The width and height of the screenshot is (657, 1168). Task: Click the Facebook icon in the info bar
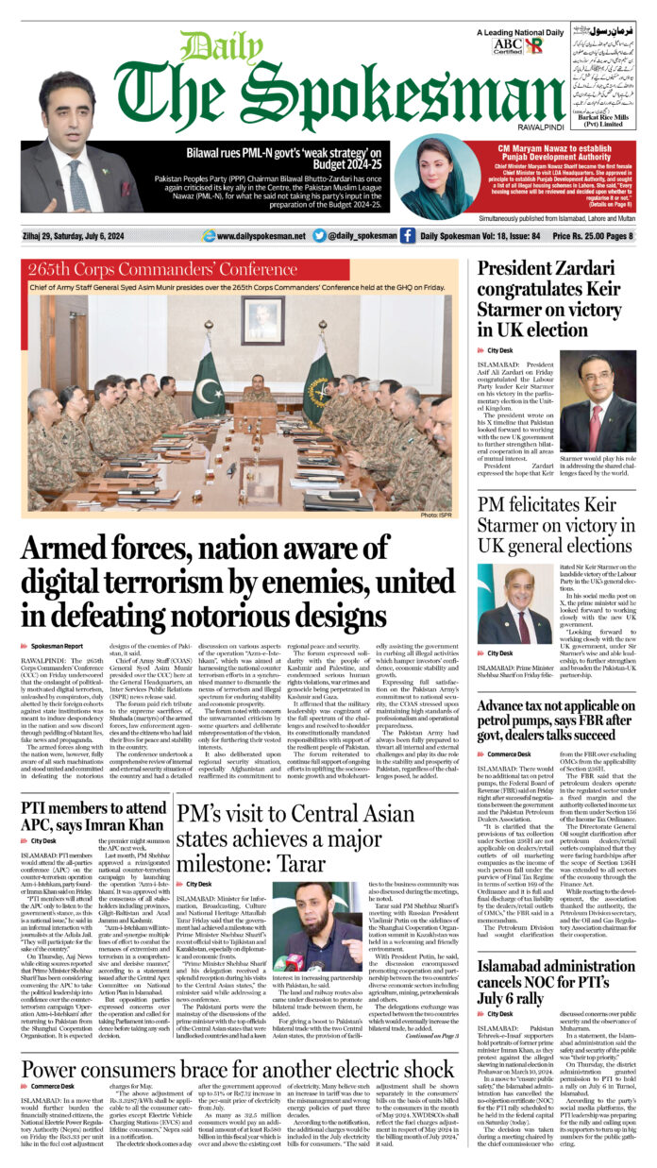(x=408, y=235)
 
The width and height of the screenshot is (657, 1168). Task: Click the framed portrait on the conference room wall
(x=261, y=319)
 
